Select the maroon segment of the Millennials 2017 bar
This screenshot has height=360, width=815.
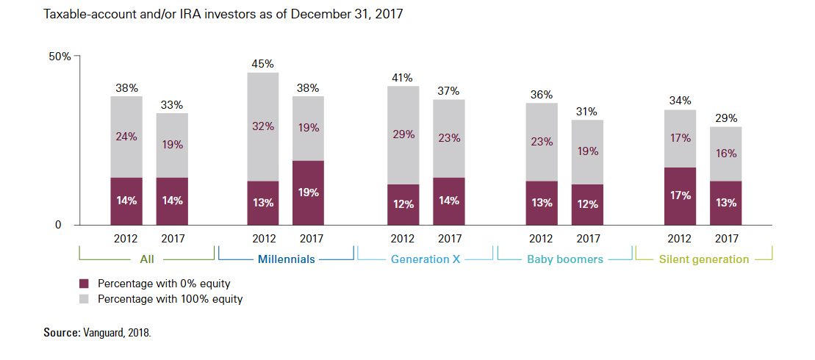308,192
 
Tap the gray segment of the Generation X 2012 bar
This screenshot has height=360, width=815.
403,135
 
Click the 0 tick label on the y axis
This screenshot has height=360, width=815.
57,225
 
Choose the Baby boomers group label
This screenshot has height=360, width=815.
564,259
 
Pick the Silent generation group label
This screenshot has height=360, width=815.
703,259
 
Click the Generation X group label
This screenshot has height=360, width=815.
424,259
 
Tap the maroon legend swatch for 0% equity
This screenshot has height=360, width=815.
83,283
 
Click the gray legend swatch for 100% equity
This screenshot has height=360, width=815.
83,299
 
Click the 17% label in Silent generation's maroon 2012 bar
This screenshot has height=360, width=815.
680,195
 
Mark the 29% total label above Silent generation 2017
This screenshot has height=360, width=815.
726,118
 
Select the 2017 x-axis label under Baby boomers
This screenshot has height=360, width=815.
588,238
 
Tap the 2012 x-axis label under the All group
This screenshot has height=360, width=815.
126,238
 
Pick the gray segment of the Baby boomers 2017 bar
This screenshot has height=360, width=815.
588,151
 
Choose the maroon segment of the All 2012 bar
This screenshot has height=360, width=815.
126,201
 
